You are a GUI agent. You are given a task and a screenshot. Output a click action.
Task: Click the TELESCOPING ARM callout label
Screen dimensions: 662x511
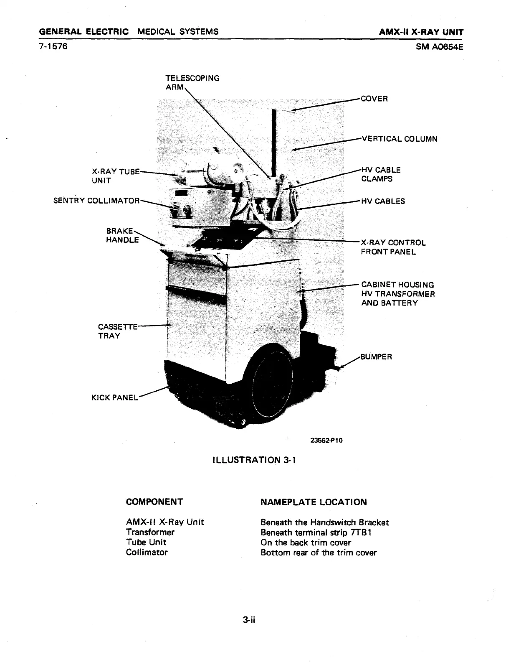coord(192,82)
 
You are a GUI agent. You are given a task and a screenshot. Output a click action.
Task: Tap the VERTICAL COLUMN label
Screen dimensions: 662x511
coord(399,139)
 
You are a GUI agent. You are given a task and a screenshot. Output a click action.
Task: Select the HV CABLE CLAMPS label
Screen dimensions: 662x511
coord(381,175)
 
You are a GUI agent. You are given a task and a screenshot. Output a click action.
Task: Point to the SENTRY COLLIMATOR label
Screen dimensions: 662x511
coord(96,201)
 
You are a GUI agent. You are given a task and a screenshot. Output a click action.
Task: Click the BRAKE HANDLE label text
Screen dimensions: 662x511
coord(122,235)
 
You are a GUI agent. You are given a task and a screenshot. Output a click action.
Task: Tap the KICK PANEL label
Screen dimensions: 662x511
coord(114,397)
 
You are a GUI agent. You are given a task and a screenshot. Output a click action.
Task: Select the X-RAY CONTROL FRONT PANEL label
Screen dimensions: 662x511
coord(393,247)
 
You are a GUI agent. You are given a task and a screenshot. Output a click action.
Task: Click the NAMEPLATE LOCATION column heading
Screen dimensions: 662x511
coord(313,502)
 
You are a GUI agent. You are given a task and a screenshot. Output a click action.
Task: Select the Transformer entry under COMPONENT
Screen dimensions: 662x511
coord(150,532)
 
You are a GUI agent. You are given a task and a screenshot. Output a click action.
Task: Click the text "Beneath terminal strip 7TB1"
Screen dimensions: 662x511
coord(316,532)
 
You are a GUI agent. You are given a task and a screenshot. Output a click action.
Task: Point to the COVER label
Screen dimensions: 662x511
coord(374,99)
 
